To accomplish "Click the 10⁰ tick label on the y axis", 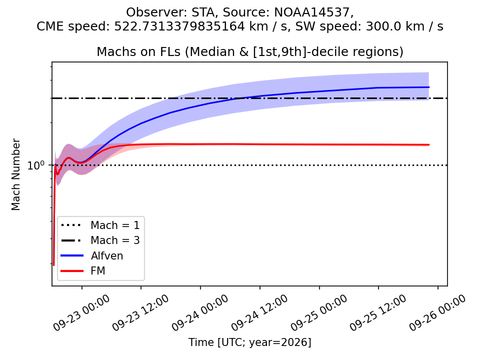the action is pos(36,165).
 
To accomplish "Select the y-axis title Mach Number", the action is pos(15,174).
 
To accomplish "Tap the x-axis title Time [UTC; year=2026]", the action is pos(249,342).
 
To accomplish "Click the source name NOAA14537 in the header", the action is pos(312,12).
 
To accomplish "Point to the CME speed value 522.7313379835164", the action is pos(179,26).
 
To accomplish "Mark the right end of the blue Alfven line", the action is pos(429,87).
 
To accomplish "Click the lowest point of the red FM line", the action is pos(54,265).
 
